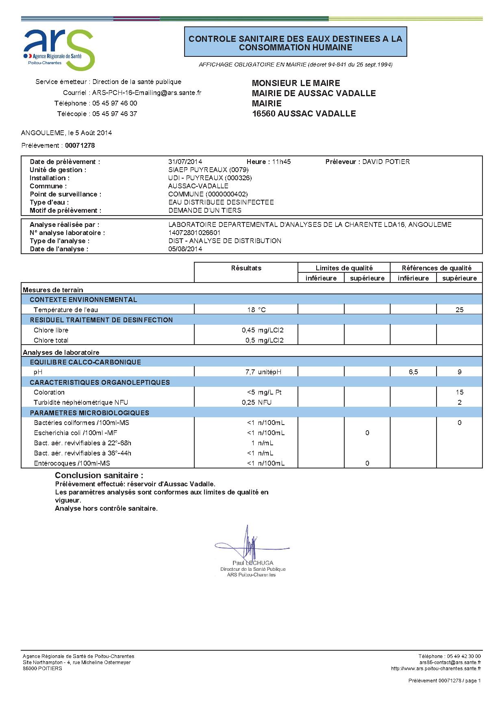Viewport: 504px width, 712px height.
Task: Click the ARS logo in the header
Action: (59, 48)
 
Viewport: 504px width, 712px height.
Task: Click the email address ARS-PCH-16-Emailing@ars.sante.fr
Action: (147, 93)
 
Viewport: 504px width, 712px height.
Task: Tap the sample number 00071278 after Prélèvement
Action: (80, 145)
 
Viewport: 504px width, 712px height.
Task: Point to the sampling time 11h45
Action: (281, 162)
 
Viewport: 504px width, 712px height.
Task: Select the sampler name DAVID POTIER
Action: (386, 162)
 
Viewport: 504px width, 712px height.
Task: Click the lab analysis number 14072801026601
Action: (194, 233)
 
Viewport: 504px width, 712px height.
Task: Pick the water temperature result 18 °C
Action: (256, 310)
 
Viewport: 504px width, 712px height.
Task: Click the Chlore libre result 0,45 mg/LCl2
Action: (262, 330)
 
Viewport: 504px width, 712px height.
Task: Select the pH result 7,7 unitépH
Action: (263, 372)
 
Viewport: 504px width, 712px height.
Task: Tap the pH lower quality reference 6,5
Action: (413, 372)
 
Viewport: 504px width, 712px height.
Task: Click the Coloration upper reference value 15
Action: (459, 392)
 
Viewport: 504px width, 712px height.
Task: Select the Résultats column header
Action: (246, 268)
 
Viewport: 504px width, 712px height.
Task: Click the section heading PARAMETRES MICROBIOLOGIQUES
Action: (89, 413)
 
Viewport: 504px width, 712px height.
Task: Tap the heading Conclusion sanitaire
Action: (99, 475)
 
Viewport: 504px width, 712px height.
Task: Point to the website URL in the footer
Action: (436, 669)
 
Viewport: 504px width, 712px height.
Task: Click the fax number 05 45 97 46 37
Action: (115, 114)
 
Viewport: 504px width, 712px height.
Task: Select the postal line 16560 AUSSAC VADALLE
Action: (304, 114)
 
